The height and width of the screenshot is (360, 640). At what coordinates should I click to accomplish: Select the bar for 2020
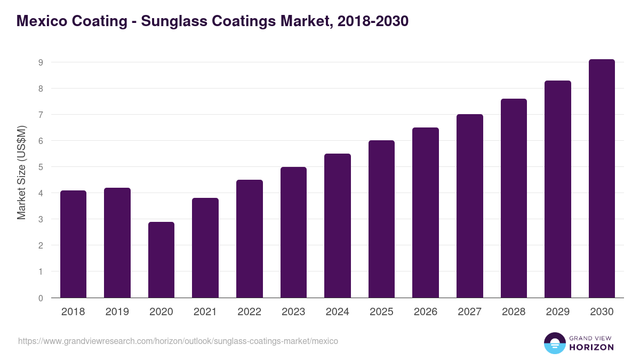pyautogui.click(x=161, y=260)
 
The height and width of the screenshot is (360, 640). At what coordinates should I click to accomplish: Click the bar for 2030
pyautogui.click(x=602, y=179)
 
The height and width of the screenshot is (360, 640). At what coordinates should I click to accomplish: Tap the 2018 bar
pyautogui.click(x=73, y=244)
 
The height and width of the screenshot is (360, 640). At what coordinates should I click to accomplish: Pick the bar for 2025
pyautogui.click(x=381, y=219)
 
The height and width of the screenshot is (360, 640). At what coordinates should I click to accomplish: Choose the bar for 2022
pyautogui.click(x=249, y=238)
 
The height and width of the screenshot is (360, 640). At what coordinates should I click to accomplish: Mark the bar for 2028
pyautogui.click(x=514, y=198)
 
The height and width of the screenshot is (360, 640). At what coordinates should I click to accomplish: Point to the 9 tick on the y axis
pyautogui.click(x=40, y=62)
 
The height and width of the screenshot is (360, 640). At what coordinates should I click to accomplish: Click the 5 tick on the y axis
pyautogui.click(x=40, y=167)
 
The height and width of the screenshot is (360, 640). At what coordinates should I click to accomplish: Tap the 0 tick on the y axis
pyautogui.click(x=40, y=298)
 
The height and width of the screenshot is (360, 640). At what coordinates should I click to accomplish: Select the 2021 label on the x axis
pyautogui.click(x=205, y=312)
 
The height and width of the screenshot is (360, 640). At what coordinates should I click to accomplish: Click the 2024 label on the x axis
pyautogui.click(x=337, y=312)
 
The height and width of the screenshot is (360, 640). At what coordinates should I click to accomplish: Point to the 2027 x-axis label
pyautogui.click(x=469, y=312)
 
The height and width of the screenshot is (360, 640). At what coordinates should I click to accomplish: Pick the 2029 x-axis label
pyautogui.click(x=557, y=312)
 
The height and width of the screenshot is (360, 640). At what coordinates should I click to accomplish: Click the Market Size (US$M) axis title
pyautogui.click(x=21, y=172)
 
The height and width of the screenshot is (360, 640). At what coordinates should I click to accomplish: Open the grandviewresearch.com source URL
pyautogui.click(x=178, y=341)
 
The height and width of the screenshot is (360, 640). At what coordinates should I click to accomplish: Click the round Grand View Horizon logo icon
pyautogui.click(x=554, y=343)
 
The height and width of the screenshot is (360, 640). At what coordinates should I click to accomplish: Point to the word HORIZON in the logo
pyautogui.click(x=591, y=347)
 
